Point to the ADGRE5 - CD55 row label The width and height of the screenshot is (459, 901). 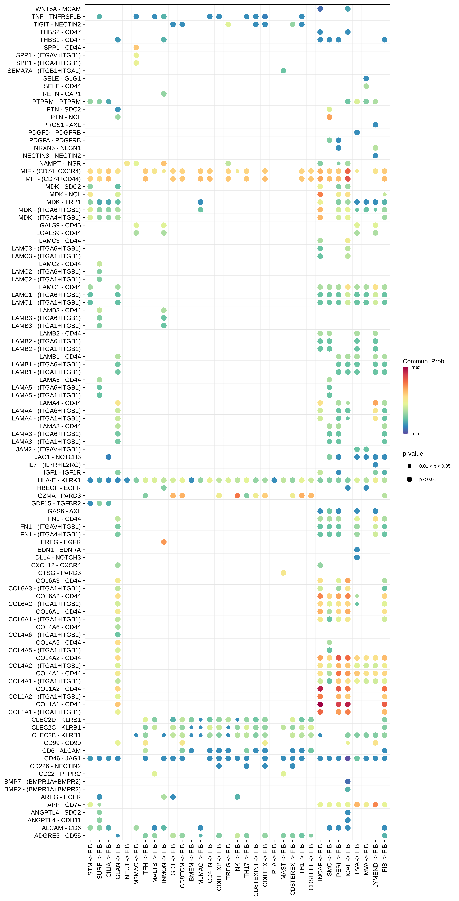click(x=57, y=836)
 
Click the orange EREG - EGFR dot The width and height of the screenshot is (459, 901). click(x=164, y=542)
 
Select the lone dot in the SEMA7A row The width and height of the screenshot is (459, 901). click(x=283, y=71)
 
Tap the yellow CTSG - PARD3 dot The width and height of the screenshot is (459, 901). click(x=283, y=573)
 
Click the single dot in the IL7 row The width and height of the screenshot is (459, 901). click(x=375, y=465)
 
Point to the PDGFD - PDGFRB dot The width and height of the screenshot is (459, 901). click(x=357, y=133)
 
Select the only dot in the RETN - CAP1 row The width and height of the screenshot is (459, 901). click(x=164, y=94)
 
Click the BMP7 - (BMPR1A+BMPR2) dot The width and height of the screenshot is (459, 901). click(x=348, y=781)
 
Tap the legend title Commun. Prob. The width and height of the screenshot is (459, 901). click(x=424, y=361)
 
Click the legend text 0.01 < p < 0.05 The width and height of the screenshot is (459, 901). click(x=435, y=466)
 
